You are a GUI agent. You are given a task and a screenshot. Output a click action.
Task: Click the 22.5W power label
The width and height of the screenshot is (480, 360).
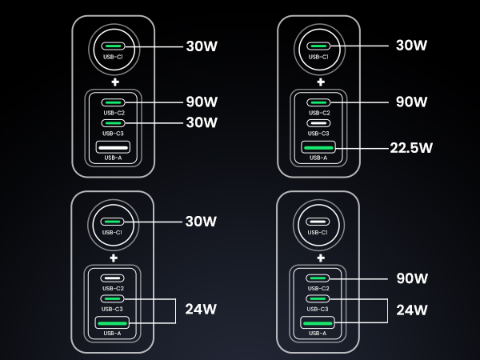(x=411, y=148)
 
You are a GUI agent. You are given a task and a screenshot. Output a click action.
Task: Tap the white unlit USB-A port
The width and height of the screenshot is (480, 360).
(x=113, y=147)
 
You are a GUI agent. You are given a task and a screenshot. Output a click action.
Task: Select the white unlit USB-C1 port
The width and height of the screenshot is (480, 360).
(x=318, y=222)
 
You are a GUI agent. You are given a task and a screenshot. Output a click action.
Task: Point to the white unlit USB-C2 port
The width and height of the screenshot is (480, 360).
(x=112, y=278)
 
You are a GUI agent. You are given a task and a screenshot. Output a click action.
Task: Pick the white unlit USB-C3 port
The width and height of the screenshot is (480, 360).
(x=318, y=123)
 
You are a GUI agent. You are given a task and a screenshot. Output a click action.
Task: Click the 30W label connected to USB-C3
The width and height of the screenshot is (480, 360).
(x=202, y=122)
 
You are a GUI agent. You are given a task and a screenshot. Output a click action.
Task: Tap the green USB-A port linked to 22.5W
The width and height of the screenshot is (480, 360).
(x=318, y=147)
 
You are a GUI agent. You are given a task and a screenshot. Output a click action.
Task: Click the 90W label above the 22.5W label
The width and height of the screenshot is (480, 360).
(x=411, y=102)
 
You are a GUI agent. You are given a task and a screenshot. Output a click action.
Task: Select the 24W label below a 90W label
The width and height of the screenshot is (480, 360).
(x=412, y=310)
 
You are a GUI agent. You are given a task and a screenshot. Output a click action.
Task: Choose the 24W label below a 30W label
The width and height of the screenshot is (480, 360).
(x=201, y=309)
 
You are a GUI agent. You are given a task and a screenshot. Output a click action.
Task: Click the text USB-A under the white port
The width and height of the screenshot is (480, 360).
(x=113, y=158)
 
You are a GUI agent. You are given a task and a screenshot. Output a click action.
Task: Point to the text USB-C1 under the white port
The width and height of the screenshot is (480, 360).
(x=318, y=233)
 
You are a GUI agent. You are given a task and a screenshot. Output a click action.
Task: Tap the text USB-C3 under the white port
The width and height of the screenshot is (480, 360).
(x=318, y=134)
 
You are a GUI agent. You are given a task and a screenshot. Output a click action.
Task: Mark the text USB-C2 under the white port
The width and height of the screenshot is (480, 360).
(x=113, y=288)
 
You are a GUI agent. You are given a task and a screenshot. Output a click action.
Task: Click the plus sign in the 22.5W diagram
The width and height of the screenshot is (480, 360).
(x=321, y=82)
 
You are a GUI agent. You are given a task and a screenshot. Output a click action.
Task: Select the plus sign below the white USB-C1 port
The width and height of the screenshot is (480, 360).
(x=321, y=258)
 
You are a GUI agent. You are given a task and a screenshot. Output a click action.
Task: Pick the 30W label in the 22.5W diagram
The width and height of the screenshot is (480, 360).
(x=411, y=46)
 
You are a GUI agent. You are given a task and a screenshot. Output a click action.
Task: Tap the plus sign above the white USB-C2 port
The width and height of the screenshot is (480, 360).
(x=114, y=258)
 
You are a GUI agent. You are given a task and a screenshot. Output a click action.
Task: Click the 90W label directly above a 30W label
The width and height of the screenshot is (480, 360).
(x=202, y=102)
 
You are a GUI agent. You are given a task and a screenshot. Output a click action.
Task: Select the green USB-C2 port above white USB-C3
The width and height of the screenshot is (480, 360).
(x=318, y=102)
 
